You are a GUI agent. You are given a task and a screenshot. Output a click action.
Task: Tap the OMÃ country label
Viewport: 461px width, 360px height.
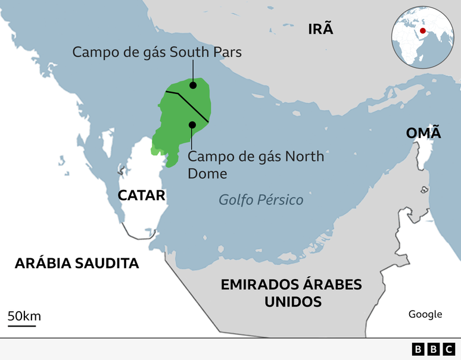pyautogui.click(x=423, y=133)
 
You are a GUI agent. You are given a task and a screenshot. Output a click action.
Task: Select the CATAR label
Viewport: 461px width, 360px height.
pyautogui.click(x=141, y=195)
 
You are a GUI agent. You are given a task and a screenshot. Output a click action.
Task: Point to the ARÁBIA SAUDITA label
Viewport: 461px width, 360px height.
pyautogui.click(x=77, y=263)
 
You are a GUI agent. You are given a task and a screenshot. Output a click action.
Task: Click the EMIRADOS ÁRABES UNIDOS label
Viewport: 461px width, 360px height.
pyautogui.click(x=291, y=293)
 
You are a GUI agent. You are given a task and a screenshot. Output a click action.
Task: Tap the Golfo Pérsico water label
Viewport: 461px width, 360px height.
pyautogui.click(x=261, y=200)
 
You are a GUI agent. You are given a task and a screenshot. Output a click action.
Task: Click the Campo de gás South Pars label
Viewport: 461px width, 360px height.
pyautogui.click(x=157, y=52)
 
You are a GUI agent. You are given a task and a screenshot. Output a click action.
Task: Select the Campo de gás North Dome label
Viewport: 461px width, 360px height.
pyautogui.click(x=256, y=165)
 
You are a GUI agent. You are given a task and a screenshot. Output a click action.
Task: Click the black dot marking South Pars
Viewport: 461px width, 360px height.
pyautogui.click(x=193, y=86)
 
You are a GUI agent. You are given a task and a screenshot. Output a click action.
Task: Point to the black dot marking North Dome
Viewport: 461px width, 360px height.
pyautogui.click(x=192, y=124)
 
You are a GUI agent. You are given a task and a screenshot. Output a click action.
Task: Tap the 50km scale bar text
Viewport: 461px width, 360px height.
pyautogui.click(x=24, y=316)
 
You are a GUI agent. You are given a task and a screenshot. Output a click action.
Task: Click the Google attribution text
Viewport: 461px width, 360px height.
pyautogui.click(x=425, y=314)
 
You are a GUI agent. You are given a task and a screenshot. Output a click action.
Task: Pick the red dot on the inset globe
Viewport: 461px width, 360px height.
pyautogui.click(x=422, y=31)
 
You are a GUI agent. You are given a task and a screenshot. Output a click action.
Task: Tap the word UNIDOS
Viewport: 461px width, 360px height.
pyautogui.click(x=292, y=302)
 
